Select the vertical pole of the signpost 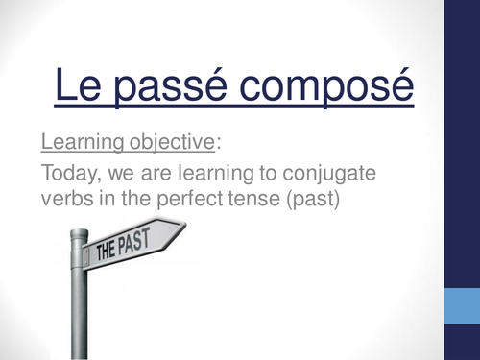point(80,307)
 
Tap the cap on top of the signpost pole point(79,234)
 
